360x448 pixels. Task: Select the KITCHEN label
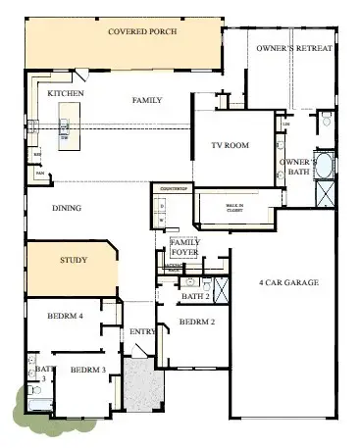click(66, 93)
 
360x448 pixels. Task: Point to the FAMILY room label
click(147, 100)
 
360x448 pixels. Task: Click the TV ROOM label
click(230, 145)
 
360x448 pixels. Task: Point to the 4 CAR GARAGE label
click(288, 283)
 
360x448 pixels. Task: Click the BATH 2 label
click(195, 295)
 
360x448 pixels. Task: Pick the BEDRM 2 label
click(196, 321)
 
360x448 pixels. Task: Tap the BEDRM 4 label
click(66, 316)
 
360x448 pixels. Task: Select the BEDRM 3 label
click(86, 370)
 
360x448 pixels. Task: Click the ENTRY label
click(142, 332)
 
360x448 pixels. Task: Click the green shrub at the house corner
click(25, 405)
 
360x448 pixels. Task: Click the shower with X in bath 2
click(222, 289)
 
